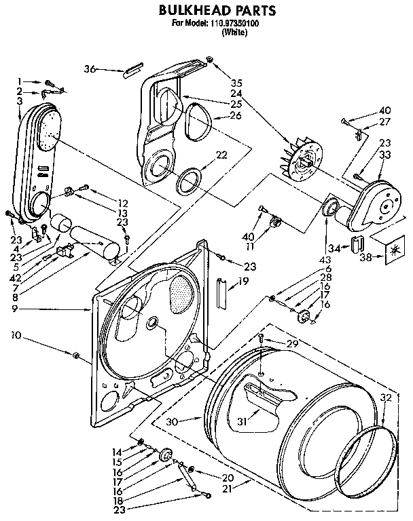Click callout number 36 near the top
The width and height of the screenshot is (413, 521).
click(x=90, y=69)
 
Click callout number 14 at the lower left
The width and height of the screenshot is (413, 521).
click(x=117, y=450)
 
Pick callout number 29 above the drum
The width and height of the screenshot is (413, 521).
click(x=291, y=345)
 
